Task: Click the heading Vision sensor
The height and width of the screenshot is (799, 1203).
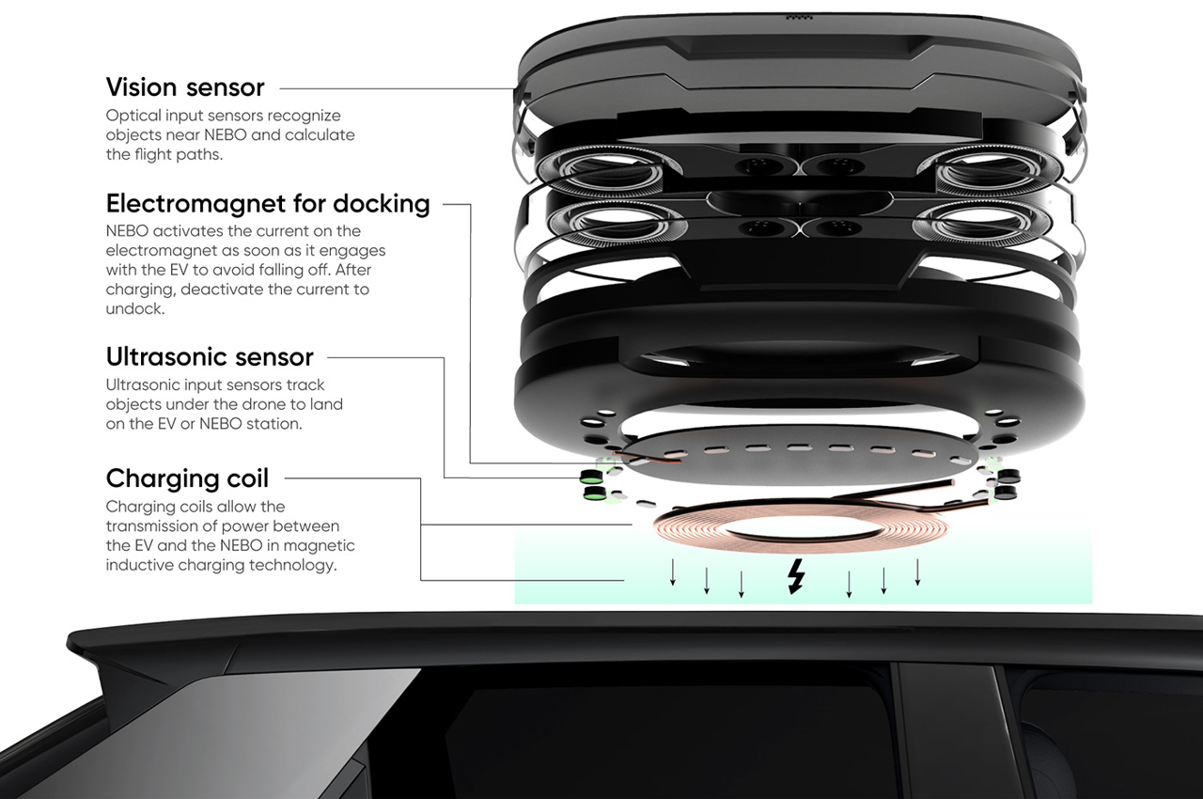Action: [185, 87]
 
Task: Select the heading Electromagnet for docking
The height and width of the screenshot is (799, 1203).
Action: [268, 204]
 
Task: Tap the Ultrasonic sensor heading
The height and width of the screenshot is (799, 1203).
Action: [210, 357]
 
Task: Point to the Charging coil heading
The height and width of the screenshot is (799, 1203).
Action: [187, 478]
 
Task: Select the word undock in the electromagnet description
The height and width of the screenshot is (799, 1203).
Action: [134, 309]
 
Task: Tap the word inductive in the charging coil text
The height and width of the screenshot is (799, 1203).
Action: [138, 565]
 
